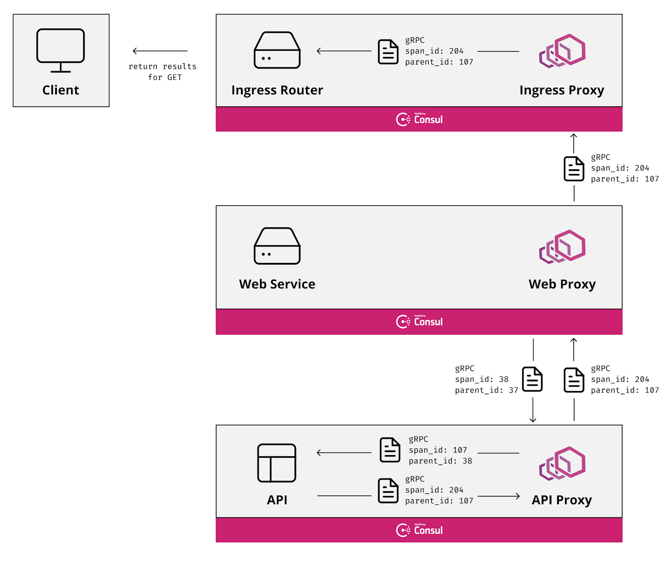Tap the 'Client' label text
[x=60, y=89]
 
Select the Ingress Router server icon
[x=277, y=50]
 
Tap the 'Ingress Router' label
[x=277, y=89]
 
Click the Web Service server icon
[x=277, y=246]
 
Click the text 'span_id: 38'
[x=481, y=379]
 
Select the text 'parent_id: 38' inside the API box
[x=440, y=460]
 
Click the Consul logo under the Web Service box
[x=418, y=321]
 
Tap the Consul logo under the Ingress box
[x=418, y=119]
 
